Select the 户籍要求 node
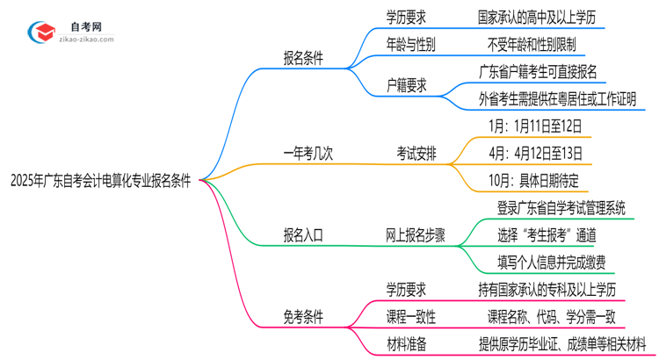tap(407, 85)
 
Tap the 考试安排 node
tap(418, 154)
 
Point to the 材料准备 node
tap(407, 343)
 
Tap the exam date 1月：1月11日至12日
tap(535, 126)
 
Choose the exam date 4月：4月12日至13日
tap(535, 154)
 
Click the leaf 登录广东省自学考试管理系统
tap(549, 208)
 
